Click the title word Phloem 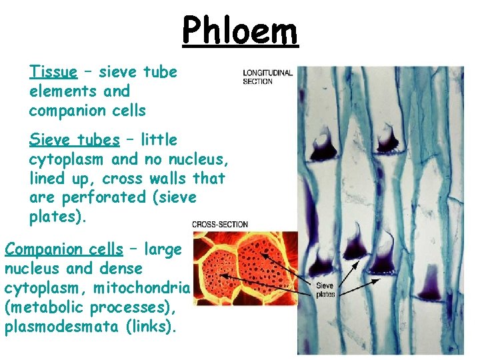point(240,31)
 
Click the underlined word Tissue point(53,71)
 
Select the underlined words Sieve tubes point(74,140)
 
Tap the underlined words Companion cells point(64,249)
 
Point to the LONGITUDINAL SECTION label point(267,77)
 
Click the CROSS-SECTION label point(220,225)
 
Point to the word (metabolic point(41,307)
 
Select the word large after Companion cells point(164,249)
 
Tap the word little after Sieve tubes point(159,140)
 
